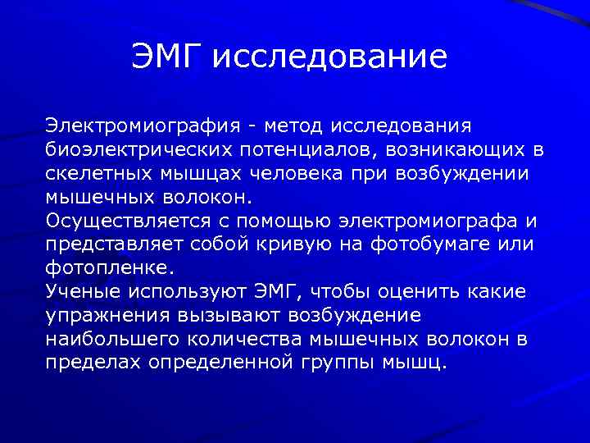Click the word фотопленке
(109, 268)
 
